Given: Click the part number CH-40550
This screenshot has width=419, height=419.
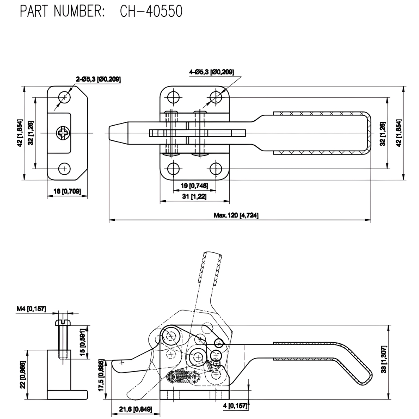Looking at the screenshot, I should click(151, 12).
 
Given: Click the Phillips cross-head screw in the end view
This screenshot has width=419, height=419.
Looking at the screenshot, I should click(61, 133).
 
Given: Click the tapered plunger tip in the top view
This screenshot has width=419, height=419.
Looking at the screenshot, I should click(119, 132).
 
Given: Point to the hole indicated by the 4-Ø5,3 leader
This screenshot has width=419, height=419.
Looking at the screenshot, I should click(216, 97).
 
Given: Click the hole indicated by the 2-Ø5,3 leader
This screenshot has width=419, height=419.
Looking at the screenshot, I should click(64, 97).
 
